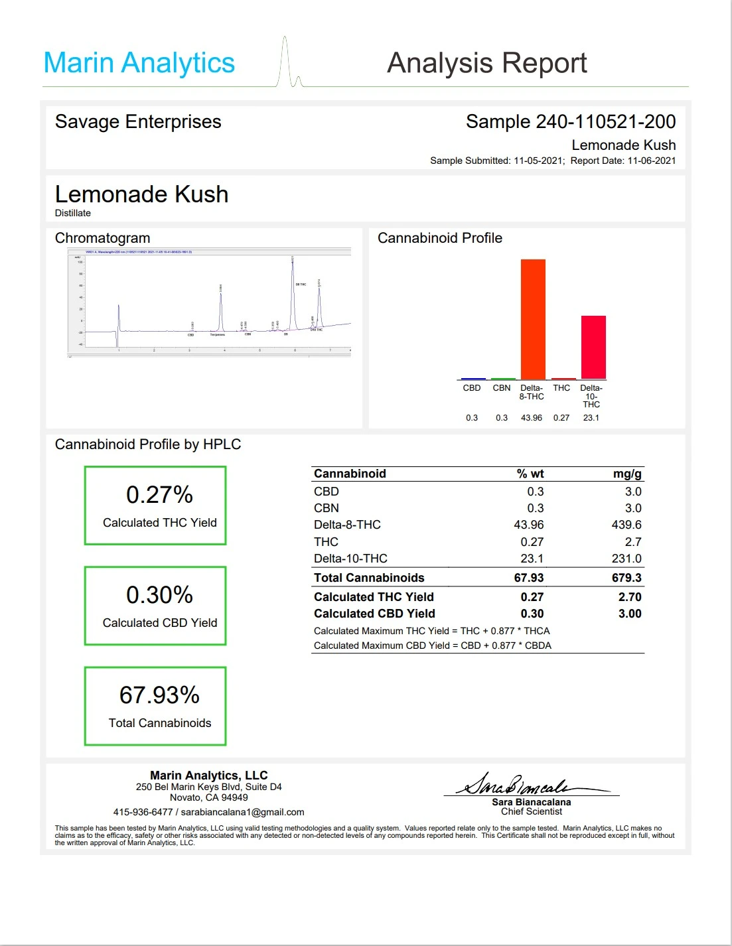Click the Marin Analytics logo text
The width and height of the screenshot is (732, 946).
pos(139,64)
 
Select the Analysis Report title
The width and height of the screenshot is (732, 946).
pos(486,64)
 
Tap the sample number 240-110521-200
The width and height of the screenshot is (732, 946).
pos(605,122)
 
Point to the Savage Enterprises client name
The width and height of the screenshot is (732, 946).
pos(138,122)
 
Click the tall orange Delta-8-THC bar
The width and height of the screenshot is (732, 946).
pos(533,319)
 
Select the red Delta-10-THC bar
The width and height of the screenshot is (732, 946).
pos(593,347)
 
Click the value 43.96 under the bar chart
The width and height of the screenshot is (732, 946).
pos(532,418)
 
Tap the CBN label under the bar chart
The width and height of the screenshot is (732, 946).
pos(502,388)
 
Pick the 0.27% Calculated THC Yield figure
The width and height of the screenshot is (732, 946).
pos(159,495)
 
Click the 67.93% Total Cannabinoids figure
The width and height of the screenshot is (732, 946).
pos(159,695)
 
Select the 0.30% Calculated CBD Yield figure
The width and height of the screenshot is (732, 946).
pos(159,595)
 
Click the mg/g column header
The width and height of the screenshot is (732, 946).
pos(627,474)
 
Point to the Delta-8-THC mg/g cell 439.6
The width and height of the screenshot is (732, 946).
pos(626,525)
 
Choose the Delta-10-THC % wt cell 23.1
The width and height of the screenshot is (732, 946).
pos(532,559)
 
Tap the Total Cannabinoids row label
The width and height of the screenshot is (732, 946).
pos(369,578)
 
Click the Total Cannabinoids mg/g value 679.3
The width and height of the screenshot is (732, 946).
pos(626,578)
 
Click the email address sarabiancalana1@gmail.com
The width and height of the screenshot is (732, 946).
pos(242,812)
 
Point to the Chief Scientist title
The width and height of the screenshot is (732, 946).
pos(532,811)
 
